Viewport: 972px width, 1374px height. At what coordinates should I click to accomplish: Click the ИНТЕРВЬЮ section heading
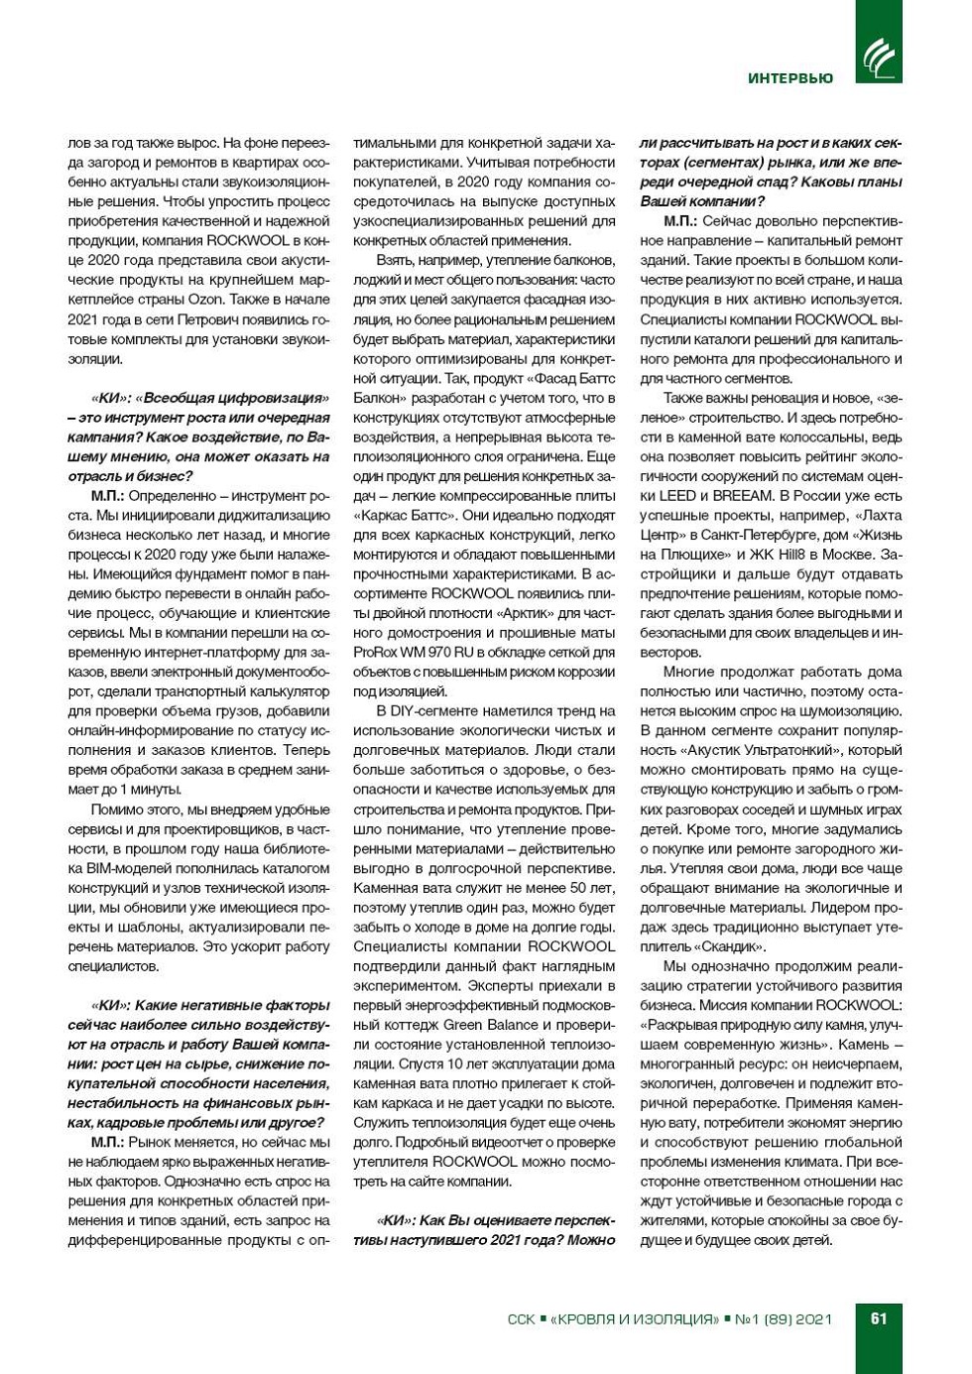(x=790, y=78)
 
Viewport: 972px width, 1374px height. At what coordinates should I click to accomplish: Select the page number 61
(x=879, y=1318)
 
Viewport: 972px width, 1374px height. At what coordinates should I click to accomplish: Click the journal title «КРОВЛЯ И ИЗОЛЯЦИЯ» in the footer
(x=634, y=1318)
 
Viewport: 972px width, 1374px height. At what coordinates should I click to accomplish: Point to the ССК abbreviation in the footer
(x=521, y=1318)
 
